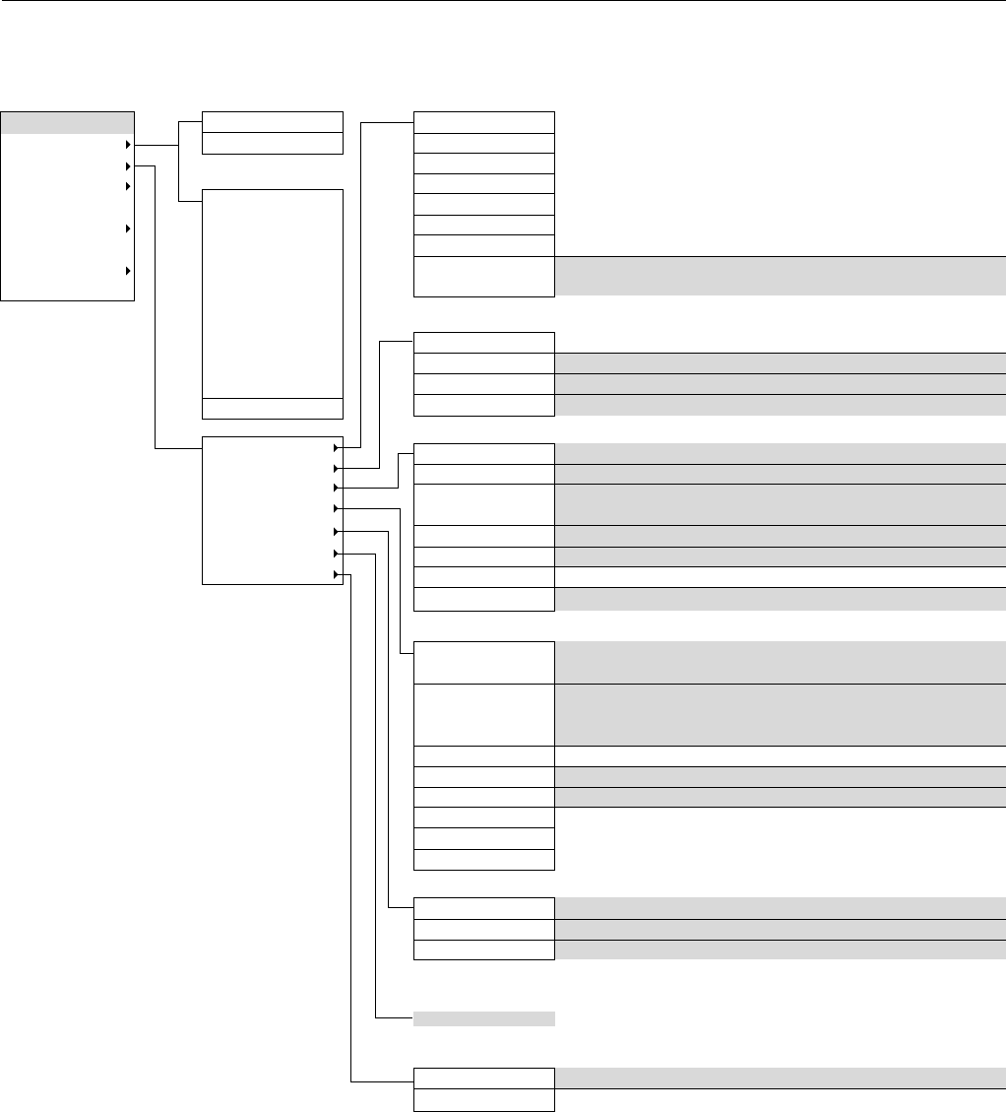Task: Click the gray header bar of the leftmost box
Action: [67, 122]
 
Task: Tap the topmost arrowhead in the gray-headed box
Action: [127, 146]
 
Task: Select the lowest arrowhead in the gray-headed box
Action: [127, 271]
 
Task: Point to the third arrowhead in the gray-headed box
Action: [127, 186]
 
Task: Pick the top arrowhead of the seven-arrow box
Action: [337, 447]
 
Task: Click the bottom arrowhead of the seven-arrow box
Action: [337, 574]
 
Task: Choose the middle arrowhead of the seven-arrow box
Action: [337, 509]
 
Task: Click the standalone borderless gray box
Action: [484, 1018]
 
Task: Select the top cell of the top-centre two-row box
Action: [272, 122]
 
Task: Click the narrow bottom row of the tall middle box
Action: [272, 409]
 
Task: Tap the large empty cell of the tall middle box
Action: [272, 293]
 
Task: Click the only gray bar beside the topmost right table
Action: [780, 276]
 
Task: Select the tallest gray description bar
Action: [780, 715]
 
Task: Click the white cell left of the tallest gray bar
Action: [484, 715]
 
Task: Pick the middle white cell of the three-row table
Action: [484, 929]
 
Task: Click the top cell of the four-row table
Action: [484, 343]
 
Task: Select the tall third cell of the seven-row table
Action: [484, 504]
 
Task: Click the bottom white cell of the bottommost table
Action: [484, 1100]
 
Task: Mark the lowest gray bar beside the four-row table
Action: [780, 404]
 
